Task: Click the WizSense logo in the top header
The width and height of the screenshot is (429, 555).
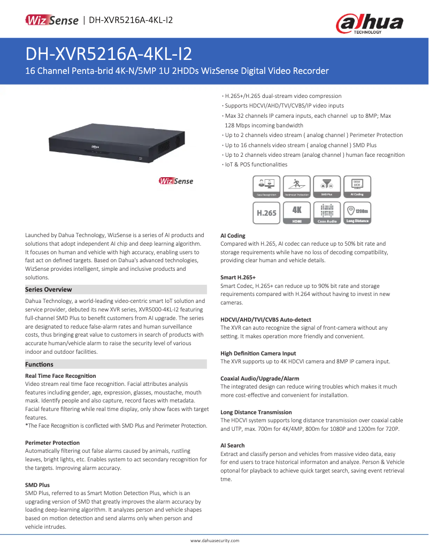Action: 52,20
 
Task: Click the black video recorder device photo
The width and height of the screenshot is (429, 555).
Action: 119,142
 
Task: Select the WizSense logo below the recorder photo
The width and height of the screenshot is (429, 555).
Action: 176,181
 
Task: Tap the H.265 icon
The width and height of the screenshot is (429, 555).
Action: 266,212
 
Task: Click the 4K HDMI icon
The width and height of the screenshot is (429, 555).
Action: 297,212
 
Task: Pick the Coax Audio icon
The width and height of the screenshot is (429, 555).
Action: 327,212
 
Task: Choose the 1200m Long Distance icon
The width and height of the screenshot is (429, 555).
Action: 357,212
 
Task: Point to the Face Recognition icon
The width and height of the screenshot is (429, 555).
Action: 266,187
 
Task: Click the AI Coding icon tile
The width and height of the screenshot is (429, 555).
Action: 357,187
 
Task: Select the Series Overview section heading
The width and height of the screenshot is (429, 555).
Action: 49,290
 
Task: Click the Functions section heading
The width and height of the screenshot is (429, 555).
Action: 40,364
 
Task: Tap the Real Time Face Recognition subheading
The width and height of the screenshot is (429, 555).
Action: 61,376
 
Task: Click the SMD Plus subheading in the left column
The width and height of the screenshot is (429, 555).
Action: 37,485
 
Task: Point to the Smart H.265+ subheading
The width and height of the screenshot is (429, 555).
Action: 238,278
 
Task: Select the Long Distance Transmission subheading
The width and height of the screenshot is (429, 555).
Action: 256,412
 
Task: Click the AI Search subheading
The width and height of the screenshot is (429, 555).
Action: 233,445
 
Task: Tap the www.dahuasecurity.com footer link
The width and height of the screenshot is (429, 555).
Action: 215,541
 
